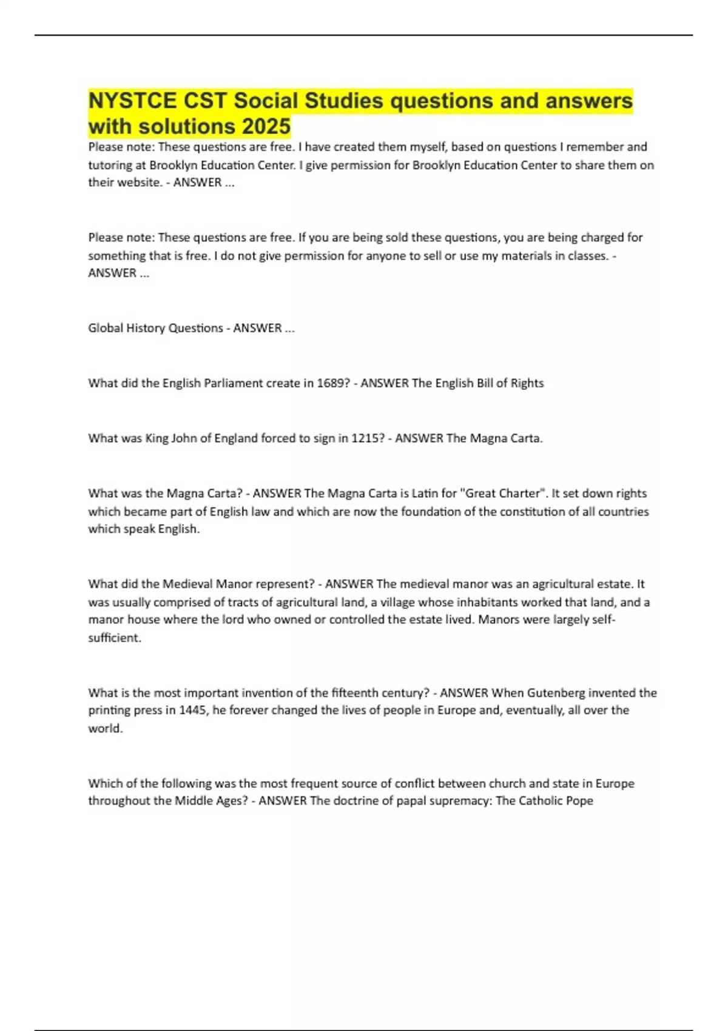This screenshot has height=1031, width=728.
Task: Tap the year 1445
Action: tap(194, 710)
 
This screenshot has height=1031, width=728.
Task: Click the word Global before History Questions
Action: tap(105, 328)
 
